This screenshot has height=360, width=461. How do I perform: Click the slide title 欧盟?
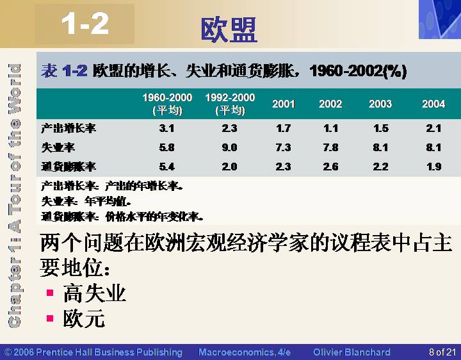coord(229,29)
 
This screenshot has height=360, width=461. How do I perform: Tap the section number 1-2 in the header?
coord(85,24)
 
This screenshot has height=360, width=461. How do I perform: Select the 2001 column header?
coord(283,104)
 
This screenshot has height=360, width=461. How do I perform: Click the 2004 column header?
coord(433,104)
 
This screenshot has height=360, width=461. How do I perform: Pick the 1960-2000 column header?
coord(167,104)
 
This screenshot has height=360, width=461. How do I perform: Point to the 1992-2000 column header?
coord(230,104)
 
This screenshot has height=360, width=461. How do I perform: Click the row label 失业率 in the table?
coord(58,147)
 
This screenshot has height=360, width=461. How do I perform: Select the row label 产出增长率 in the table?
coord(69,128)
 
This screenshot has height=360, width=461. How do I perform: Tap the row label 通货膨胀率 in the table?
coord(69,167)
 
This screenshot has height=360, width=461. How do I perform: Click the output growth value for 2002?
coord(331,128)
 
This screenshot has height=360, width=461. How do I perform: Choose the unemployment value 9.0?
coord(229,147)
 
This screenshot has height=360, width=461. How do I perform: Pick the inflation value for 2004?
coord(433,167)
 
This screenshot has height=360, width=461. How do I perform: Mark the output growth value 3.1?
coord(166,128)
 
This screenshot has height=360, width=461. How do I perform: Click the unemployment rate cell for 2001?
coord(283,147)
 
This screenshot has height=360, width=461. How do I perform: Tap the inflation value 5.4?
coord(166,167)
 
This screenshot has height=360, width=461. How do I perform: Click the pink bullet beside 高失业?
coord(50,293)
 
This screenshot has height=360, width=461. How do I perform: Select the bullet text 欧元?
coord(84,318)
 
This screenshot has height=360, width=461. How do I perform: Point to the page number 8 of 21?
coord(442,352)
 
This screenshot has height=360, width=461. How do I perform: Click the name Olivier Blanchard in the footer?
coord(352,352)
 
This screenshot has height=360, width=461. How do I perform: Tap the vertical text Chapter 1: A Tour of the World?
coord(14,195)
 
